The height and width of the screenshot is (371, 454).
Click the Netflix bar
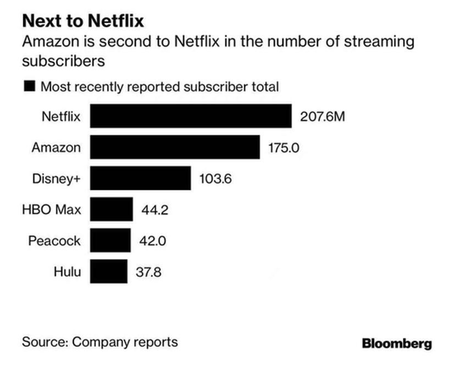(x=190, y=116)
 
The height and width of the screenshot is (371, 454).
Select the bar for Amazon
(x=174, y=147)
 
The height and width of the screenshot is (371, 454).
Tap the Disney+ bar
(x=140, y=178)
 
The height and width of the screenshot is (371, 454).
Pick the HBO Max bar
(x=111, y=209)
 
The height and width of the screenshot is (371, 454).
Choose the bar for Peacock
(x=110, y=240)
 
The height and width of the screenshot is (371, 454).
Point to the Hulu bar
(x=108, y=271)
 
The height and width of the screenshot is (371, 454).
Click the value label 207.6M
(x=323, y=116)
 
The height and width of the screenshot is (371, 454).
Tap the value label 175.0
(x=284, y=147)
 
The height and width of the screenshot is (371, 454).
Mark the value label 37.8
(x=148, y=271)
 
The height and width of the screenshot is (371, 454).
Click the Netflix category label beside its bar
(x=61, y=116)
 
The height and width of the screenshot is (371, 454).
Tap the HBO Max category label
(x=52, y=209)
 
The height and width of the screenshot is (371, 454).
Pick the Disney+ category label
(x=57, y=178)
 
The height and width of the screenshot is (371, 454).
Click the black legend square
(x=29, y=86)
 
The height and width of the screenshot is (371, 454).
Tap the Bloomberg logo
(x=397, y=344)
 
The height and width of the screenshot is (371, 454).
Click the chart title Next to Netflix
(x=83, y=21)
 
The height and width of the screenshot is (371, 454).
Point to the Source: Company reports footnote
(x=99, y=342)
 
